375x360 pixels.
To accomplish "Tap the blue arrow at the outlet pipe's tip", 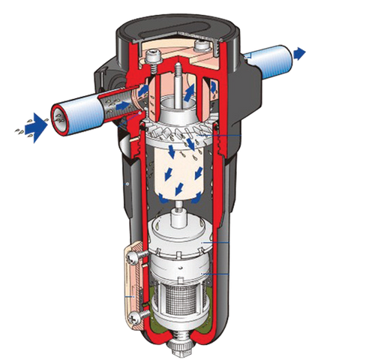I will point(300,52).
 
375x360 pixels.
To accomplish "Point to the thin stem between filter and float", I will point(181,214).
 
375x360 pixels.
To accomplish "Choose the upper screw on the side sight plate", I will point(133,257).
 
